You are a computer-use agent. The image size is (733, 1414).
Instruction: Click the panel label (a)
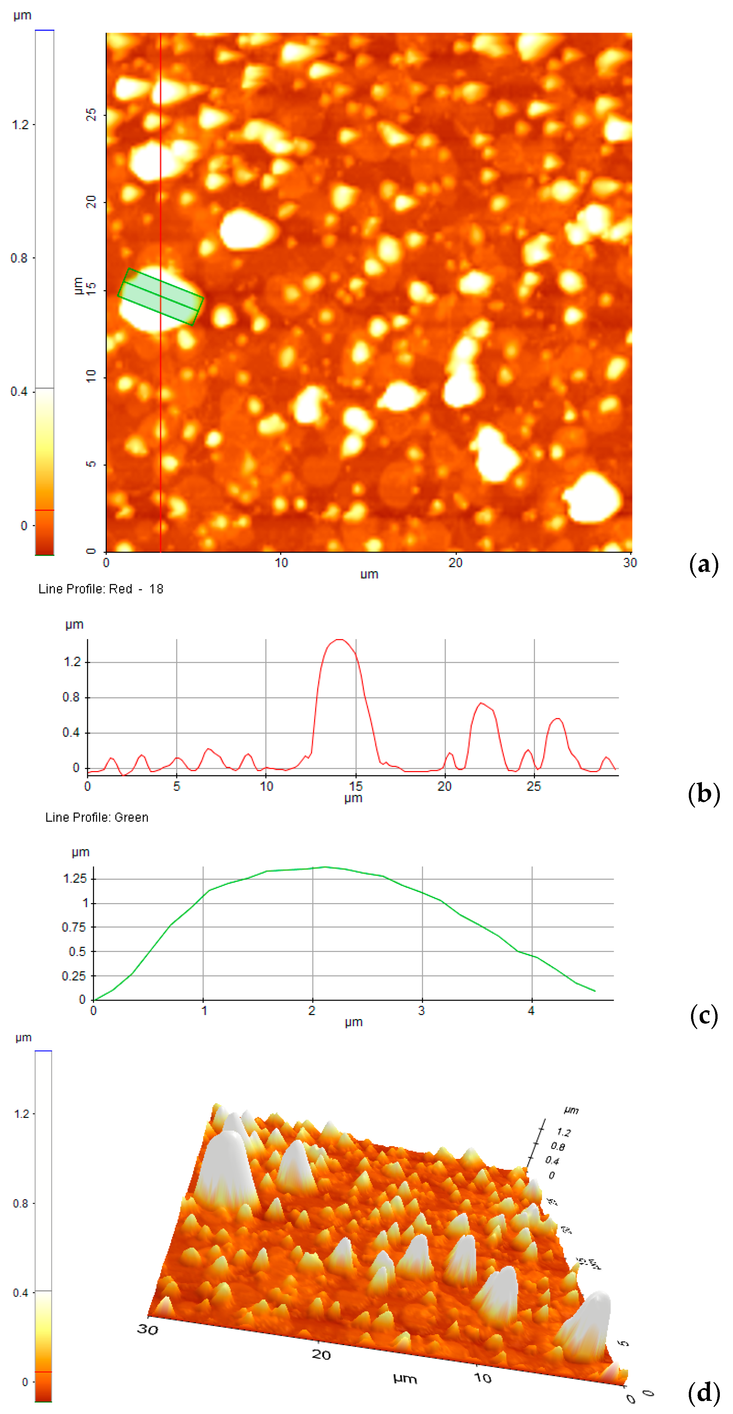point(703,564)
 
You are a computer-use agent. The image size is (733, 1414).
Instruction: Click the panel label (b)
point(703,794)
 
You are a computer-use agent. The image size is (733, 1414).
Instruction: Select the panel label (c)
point(703,1016)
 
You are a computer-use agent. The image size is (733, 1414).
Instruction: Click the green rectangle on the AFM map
point(160,296)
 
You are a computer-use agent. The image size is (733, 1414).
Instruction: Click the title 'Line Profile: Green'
point(97,817)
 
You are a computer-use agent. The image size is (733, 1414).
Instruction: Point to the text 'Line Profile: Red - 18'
point(100,589)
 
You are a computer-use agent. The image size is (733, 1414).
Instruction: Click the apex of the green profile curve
point(326,867)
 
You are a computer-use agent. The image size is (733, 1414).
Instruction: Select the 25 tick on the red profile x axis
point(534,786)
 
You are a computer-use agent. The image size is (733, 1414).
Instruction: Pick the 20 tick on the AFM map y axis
point(91,202)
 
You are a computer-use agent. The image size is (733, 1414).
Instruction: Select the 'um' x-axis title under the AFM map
point(369,574)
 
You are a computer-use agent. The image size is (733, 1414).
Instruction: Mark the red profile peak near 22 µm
point(481,703)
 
